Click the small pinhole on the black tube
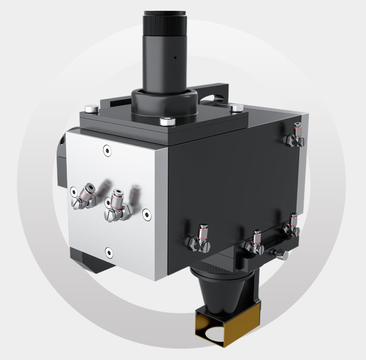point(175,58)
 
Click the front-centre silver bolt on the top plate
point(164,122)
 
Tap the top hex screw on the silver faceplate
point(106,150)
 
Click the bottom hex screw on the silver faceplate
point(108,251)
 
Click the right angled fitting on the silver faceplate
point(117,203)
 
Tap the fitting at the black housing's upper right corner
point(295,135)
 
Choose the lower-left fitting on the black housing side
point(200,239)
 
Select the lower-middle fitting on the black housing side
point(255,243)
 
